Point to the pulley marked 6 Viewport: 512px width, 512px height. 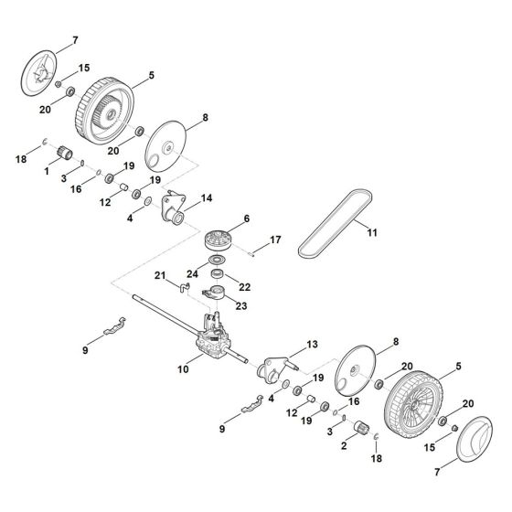click(x=220, y=241)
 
